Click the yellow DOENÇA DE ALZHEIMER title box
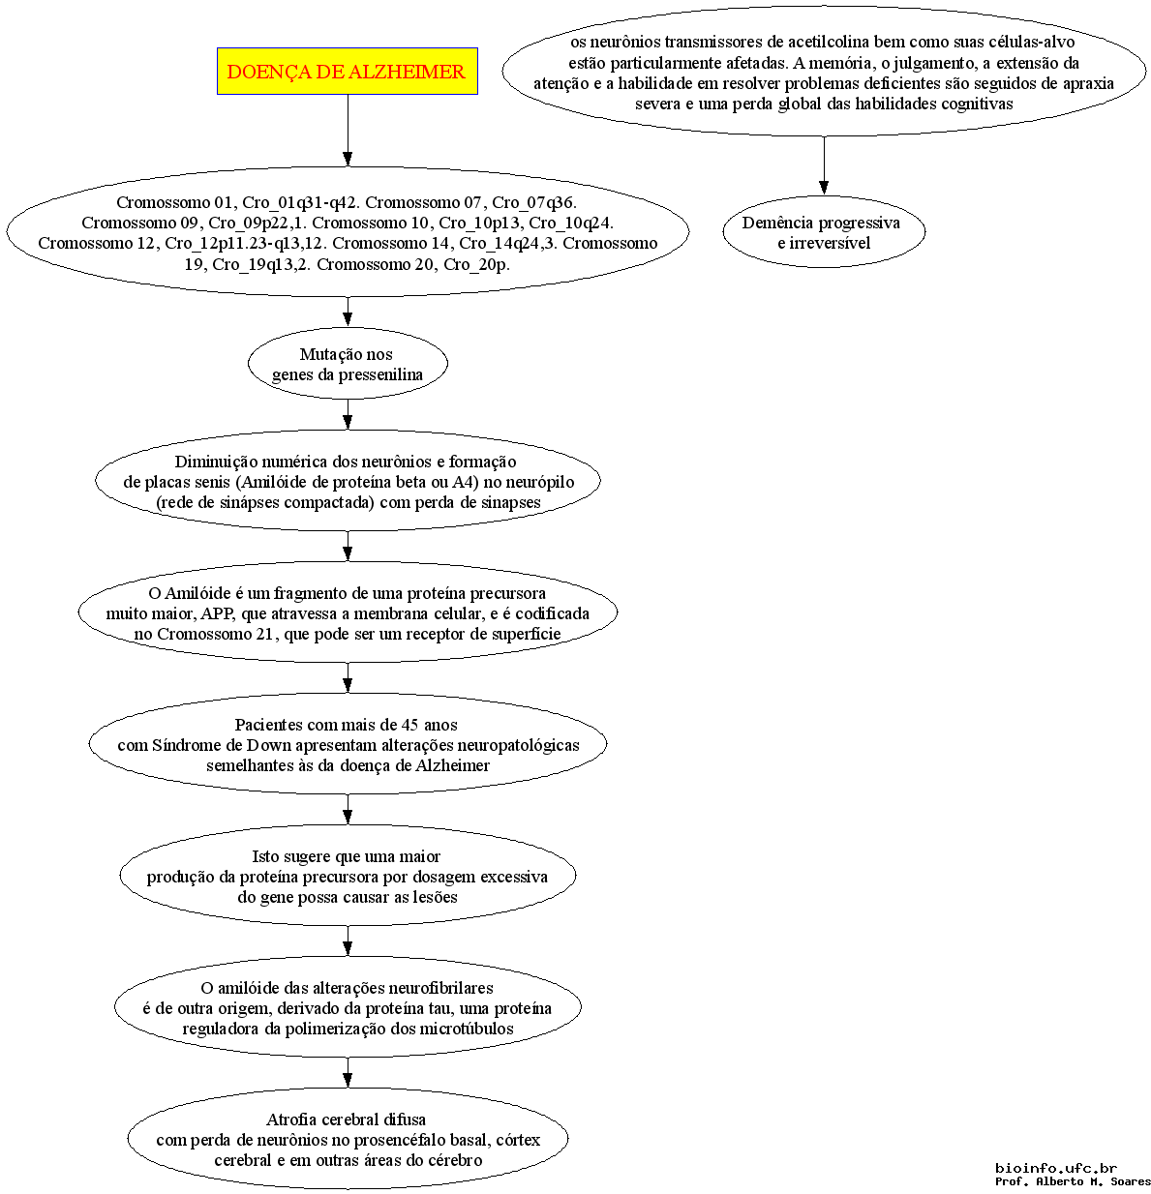pos(347,72)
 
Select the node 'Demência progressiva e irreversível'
pos(823,232)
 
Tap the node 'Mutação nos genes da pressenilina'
pos(348,364)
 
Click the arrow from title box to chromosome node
pos(348,130)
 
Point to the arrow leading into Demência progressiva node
pos(824,165)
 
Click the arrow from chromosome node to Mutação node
pos(348,312)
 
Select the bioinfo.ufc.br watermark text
pos(1056,1168)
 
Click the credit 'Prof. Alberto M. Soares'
pos(1073,1181)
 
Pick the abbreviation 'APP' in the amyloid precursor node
pos(217,613)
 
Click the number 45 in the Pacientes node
pos(410,725)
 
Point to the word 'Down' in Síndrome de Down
pos(269,745)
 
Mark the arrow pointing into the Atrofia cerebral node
pos(348,1072)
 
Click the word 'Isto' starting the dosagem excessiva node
pos(264,856)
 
